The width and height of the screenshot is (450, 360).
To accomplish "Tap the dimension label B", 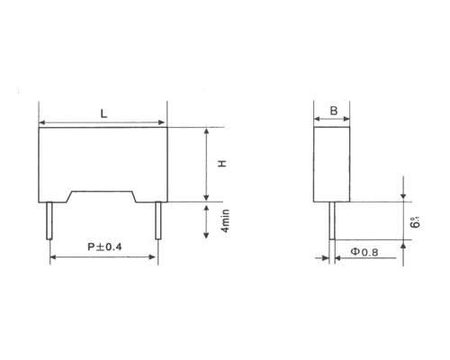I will click(x=334, y=111).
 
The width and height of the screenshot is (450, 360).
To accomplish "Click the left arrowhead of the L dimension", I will click(x=42, y=121).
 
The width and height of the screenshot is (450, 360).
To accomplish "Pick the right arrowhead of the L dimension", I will click(x=164, y=121).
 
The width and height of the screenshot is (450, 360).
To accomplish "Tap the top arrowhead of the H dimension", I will click(x=208, y=130).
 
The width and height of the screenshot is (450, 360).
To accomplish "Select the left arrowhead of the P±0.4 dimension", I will click(x=53, y=256).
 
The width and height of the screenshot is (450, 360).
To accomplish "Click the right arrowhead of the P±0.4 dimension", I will click(x=156, y=256).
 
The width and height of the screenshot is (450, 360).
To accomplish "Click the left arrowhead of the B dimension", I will click(x=316, y=121).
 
